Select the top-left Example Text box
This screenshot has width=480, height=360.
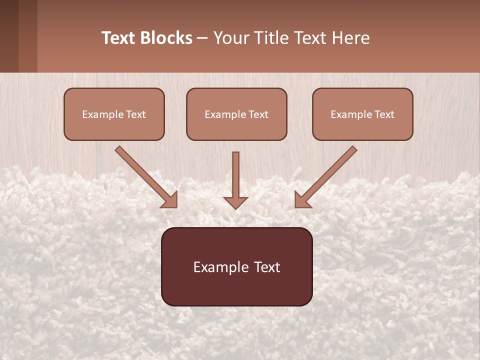click(114, 114)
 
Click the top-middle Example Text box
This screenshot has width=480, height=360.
click(236, 114)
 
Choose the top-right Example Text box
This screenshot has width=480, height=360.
click(362, 114)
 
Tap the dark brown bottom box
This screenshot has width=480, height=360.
click(236, 266)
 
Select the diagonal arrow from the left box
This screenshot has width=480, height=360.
click(145, 176)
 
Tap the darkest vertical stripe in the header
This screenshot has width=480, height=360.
click(9, 36)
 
